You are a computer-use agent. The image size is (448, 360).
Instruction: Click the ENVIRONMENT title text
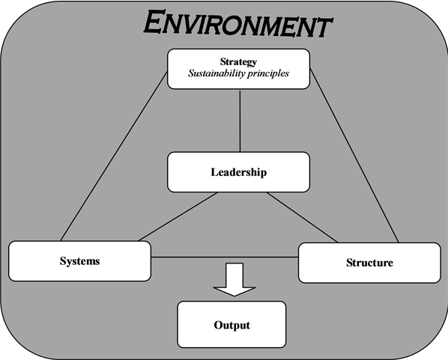(x=237, y=23)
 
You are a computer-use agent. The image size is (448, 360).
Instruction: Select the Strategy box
(x=238, y=69)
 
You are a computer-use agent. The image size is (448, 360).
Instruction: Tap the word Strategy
(x=238, y=62)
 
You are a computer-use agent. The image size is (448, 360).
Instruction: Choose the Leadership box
(x=238, y=172)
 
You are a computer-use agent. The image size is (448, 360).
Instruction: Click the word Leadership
(x=239, y=172)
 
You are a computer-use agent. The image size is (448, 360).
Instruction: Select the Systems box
(x=79, y=261)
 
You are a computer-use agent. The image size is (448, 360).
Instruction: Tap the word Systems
(x=79, y=261)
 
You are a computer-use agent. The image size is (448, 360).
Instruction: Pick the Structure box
(x=369, y=263)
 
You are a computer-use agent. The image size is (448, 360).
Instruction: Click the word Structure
(x=370, y=263)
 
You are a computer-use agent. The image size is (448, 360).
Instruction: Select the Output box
(x=231, y=325)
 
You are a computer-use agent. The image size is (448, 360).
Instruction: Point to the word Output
(x=232, y=325)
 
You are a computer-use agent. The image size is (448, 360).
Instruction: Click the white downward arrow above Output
(x=234, y=279)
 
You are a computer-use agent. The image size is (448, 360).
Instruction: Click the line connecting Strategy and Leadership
(x=240, y=120)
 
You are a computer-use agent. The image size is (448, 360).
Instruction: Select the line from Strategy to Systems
(x=114, y=156)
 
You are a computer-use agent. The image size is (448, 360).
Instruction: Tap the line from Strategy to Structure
(x=354, y=156)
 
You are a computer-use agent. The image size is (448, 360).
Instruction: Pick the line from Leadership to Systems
(x=178, y=217)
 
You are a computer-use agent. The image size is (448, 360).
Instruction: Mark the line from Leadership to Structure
(x=302, y=218)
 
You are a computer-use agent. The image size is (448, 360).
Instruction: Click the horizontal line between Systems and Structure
(x=225, y=257)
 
